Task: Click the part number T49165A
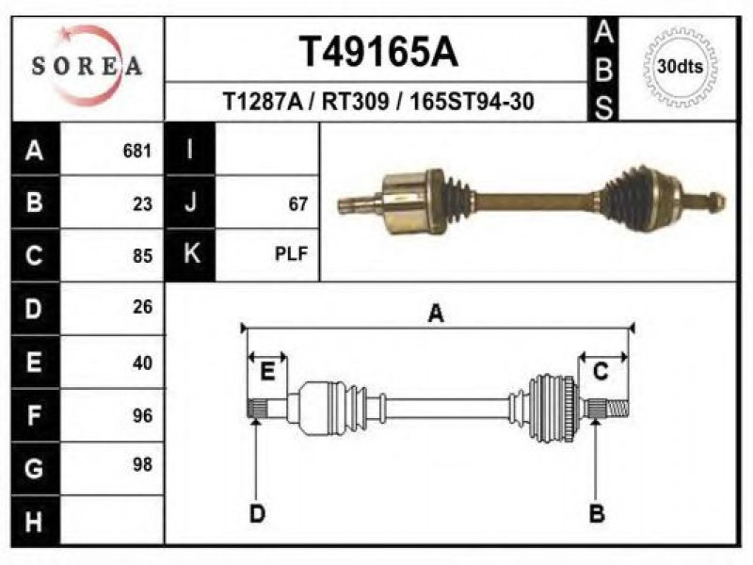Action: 378,52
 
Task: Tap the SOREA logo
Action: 87,66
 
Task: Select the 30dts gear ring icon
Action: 680,66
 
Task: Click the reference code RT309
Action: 355,102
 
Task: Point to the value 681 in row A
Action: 137,151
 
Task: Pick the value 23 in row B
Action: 143,204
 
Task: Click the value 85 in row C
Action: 143,256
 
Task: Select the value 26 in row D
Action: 143,307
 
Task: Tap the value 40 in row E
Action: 143,363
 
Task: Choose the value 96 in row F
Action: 143,415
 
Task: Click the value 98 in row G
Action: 143,464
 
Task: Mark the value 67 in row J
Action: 297,204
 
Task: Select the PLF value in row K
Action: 291,253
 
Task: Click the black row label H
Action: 35,522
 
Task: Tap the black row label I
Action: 190,149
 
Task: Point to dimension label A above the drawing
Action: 436,314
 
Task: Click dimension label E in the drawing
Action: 267,372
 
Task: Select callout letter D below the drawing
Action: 257,513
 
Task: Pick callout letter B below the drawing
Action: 597,513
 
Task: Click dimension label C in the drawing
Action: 601,372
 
